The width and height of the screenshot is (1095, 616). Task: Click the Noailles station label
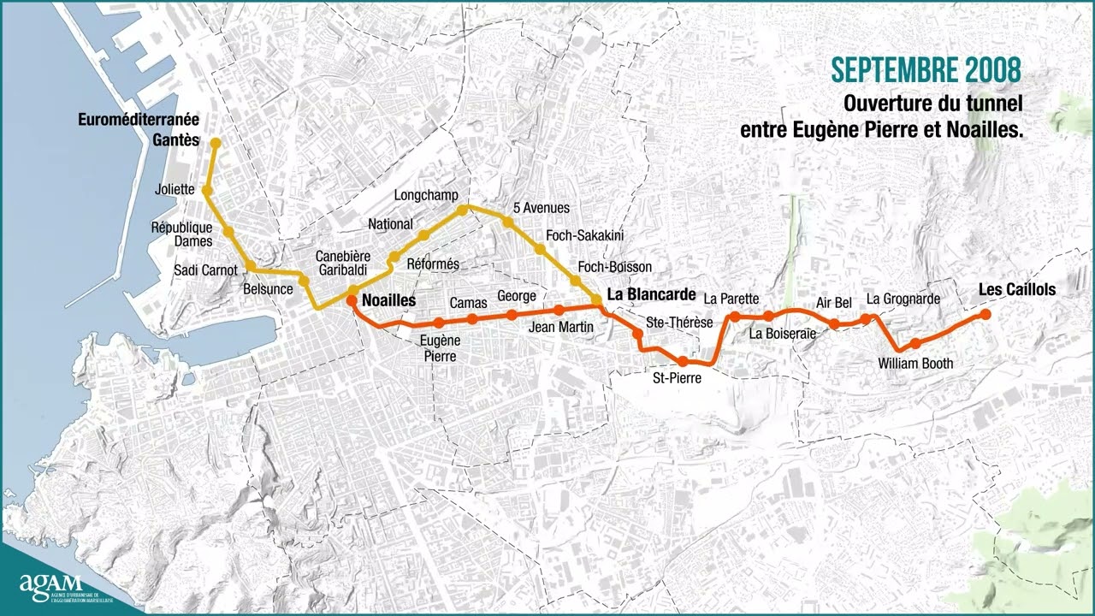pos(388,300)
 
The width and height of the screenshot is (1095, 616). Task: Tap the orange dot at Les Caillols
pos(985,315)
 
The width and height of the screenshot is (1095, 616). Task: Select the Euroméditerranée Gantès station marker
pos(216,143)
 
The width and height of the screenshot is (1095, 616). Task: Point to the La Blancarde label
pos(650,293)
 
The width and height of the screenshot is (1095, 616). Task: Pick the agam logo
pos(50,585)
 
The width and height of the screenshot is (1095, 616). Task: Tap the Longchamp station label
pos(426,195)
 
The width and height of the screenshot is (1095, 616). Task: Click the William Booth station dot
pos(915,344)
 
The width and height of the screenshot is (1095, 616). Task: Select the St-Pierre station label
pos(677,377)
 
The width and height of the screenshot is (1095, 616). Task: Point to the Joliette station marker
pos(206,190)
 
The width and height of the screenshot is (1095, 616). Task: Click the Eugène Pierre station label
pos(440,348)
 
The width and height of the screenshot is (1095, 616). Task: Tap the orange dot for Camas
pos(472,319)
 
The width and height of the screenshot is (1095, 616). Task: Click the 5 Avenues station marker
pos(507,222)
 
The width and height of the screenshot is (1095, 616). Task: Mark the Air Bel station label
pos(833,302)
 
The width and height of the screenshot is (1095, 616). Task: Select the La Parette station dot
pos(734,317)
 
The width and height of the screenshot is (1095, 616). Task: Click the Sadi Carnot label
pos(205,270)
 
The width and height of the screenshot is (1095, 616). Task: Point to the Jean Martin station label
pos(561,327)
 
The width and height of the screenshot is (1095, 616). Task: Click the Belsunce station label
pos(268,289)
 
